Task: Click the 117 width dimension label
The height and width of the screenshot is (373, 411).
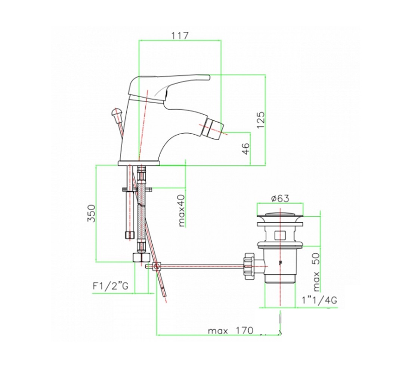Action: pyautogui.click(x=180, y=35)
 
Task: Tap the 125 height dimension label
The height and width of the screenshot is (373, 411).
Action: pyautogui.click(x=261, y=120)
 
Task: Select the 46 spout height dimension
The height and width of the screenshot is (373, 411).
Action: pyautogui.click(x=246, y=149)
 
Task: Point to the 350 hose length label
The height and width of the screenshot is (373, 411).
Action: pyautogui.click(x=92, y=213)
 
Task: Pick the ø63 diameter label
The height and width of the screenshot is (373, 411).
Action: pyautogui.click(x=280, y=199)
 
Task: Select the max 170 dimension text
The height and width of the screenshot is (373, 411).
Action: pyautogui.click(x=231, y=330)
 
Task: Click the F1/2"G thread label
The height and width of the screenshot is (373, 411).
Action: pyautogui.click(x=111, y=286)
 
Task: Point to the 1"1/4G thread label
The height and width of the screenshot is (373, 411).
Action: pyautogui.click(x=319, y=300)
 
